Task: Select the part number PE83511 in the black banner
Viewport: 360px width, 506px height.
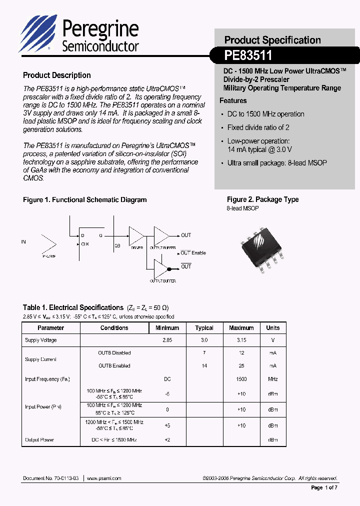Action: tap(248, 55)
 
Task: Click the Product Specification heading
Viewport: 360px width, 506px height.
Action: tap(272, 40)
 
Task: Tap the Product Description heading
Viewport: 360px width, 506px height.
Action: tap(57, 75)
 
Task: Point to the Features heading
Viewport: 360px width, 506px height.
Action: tap(233, 100)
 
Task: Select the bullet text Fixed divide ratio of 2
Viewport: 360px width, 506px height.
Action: tap(258, 127)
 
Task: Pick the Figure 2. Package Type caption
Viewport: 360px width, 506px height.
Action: tap(262, 199)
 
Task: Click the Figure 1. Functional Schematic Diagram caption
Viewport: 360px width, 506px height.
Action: tap(85, 200)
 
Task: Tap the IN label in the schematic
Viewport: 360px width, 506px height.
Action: tap(23, 242)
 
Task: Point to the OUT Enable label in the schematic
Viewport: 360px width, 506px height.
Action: tap(193, 253)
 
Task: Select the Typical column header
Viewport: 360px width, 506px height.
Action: tap(204, 328)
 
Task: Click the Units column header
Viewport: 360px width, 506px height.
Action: tap(273, 328)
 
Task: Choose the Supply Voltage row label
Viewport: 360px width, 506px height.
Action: tap(41, 340)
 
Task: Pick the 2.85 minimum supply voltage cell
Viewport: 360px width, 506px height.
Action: tap(167, 340)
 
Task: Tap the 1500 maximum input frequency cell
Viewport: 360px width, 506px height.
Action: tap(241, 379)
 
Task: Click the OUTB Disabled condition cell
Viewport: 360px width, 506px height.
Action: tap(114, 353)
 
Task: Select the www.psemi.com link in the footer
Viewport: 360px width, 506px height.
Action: tap(104, 478)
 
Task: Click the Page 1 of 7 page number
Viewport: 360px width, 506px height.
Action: tap(324, 487)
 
